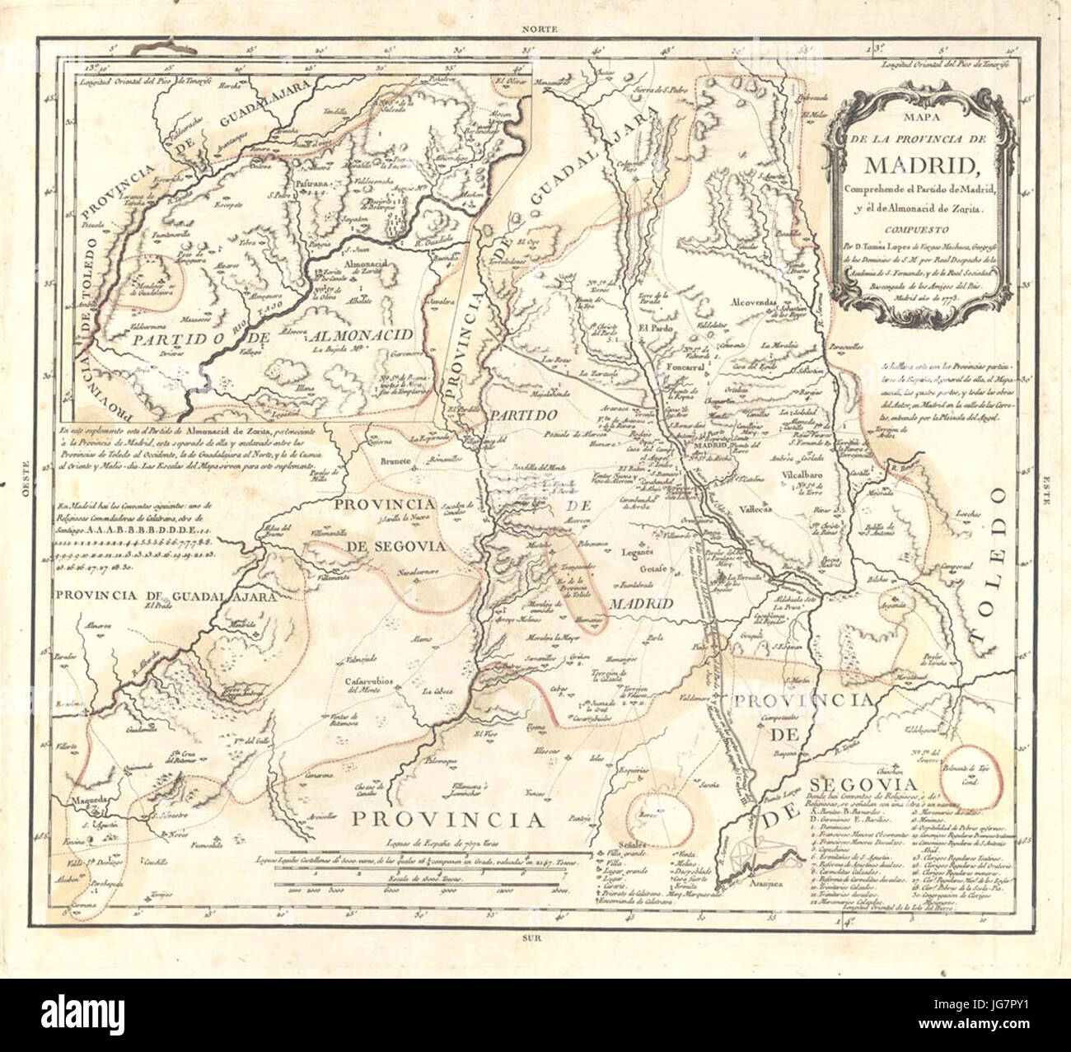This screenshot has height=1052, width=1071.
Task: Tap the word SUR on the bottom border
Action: tap(540, 937)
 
